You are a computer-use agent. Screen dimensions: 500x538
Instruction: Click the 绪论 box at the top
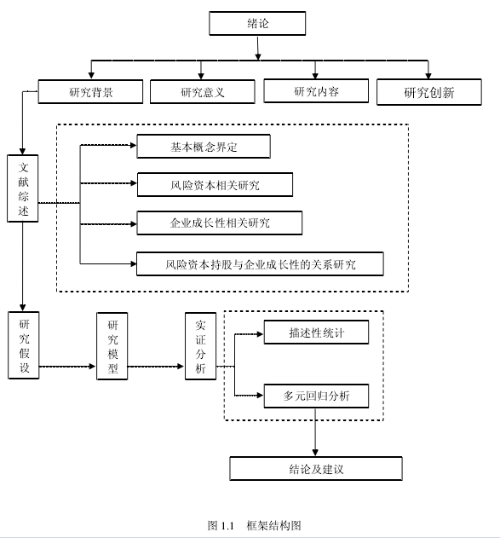(257, 23)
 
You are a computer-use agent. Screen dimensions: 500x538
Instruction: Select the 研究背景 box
(90, 91)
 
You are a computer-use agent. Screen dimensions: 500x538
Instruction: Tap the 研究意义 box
(203, 91)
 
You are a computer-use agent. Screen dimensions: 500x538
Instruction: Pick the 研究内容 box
(316, 91)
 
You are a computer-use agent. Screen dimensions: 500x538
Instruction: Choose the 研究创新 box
(429, 92)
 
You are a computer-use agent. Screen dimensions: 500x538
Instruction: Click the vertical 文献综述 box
(23, 188)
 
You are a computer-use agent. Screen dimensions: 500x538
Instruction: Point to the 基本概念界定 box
(204, 147)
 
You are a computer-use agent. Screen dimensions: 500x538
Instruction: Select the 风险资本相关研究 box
(215, 185)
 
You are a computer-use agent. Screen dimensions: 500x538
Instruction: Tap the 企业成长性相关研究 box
(219, 223)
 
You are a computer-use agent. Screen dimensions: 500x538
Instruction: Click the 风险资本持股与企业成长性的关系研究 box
(260, 263)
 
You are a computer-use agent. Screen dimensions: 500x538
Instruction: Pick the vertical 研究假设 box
(24, 345)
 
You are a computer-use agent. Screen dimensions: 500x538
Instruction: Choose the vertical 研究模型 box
(112, 346)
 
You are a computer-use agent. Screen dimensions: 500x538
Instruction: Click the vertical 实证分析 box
(200, 346)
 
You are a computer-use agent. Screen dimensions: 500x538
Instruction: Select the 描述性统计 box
(316, 333)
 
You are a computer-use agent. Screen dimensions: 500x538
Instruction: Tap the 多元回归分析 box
(316, 396)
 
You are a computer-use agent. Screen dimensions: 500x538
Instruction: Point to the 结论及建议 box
(316, 469)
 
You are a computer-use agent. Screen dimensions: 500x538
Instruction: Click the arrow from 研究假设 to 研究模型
(67, 367)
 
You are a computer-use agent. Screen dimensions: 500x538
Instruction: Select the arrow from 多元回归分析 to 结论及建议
(315, 432)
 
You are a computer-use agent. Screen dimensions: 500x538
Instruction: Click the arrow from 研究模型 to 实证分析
(156, 367)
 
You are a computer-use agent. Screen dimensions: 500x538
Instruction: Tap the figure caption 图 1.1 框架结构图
(255, 525)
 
